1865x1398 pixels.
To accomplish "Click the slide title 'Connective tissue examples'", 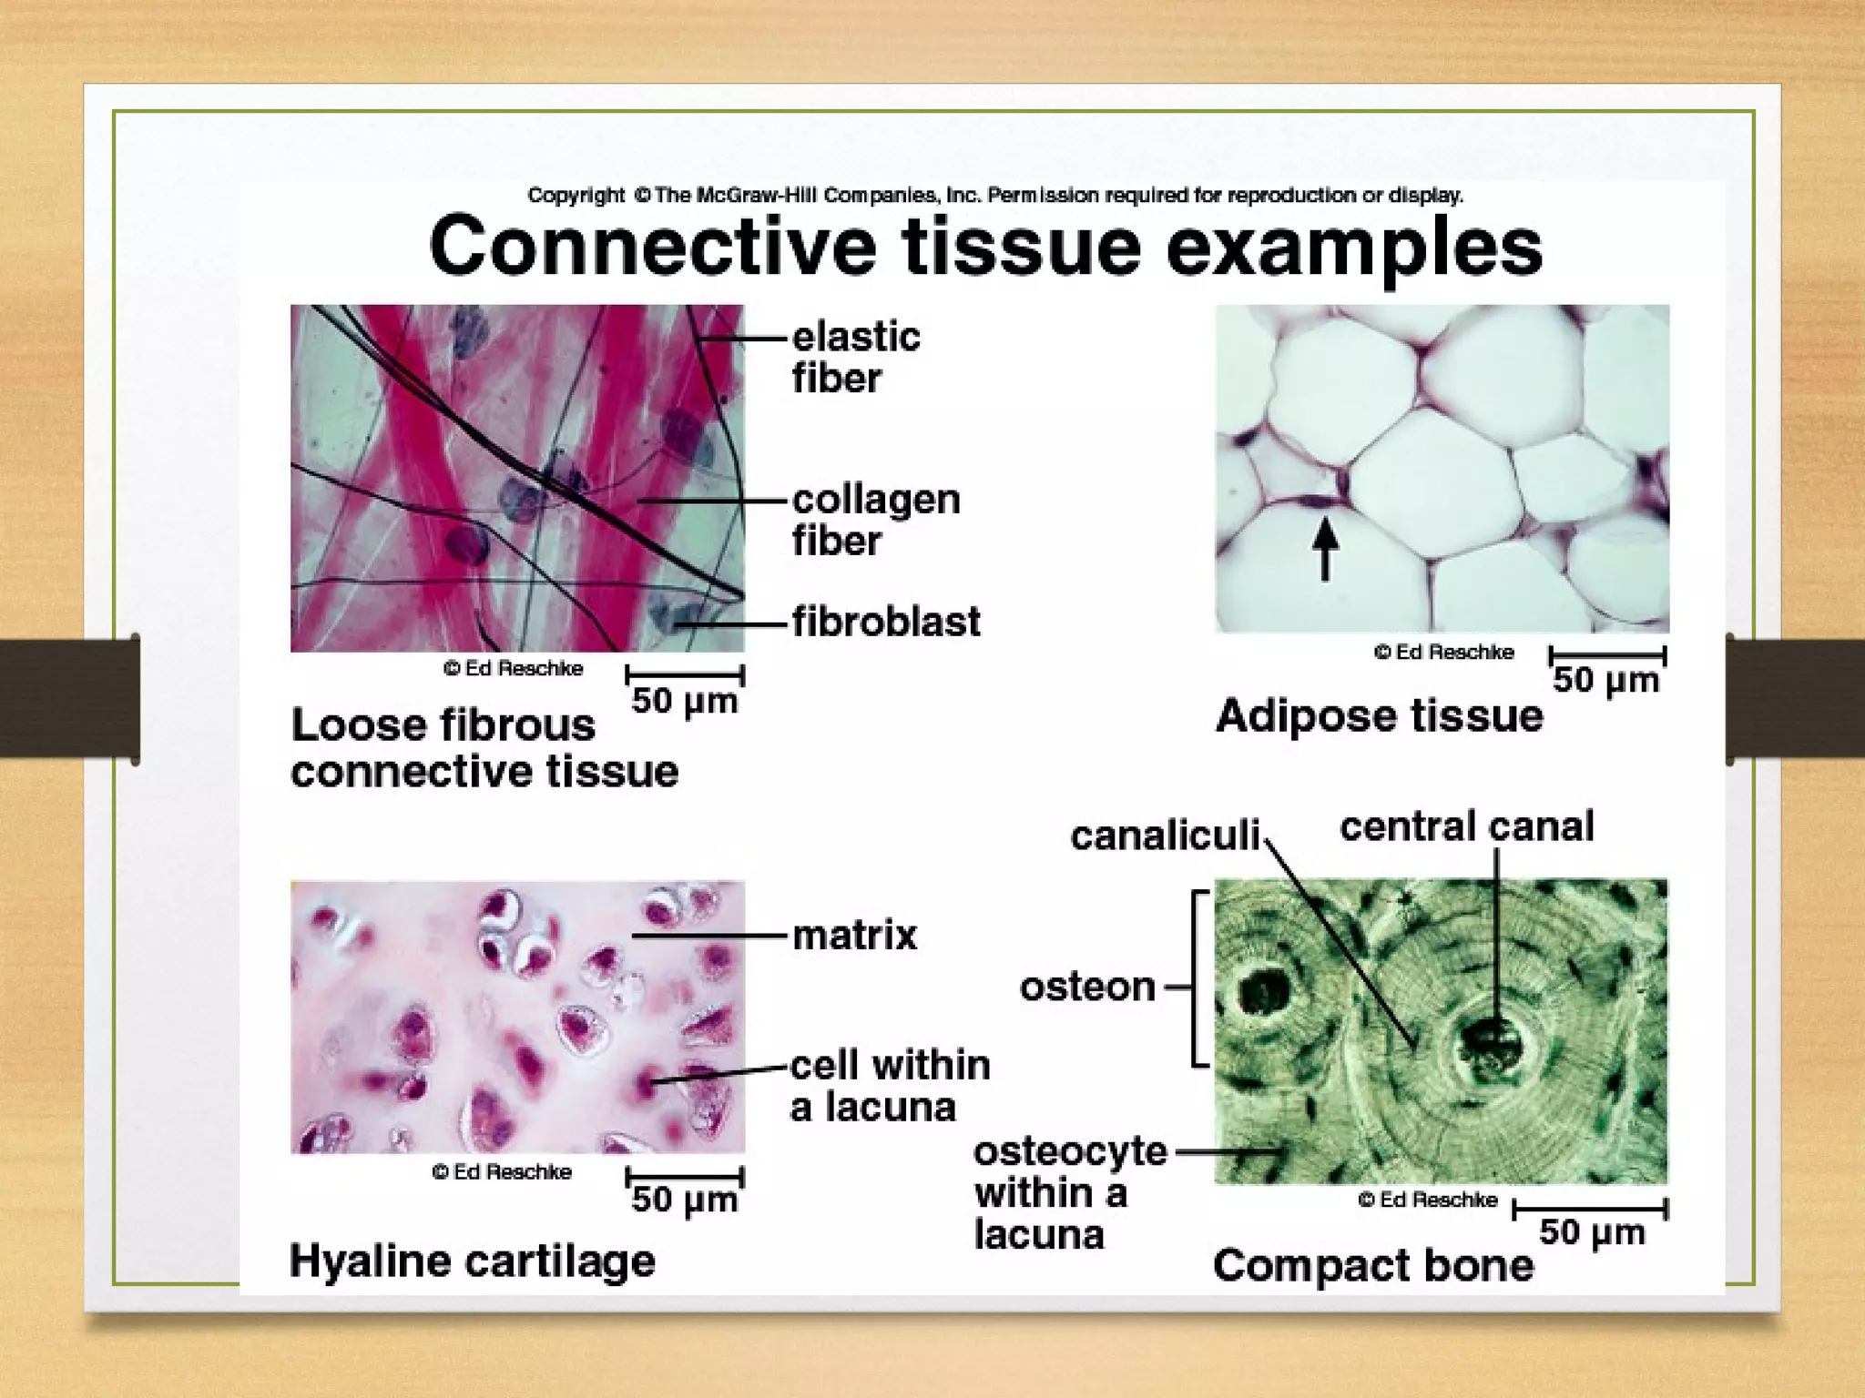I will click(x=985, y=246).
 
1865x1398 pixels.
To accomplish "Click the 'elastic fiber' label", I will click(x=855, y=357).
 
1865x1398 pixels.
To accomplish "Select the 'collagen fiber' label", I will click(x=875, y=520).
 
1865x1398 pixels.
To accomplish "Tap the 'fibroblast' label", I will click(x=885, y=623).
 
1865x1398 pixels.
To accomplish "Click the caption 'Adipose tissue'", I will click(x=1379, y=715).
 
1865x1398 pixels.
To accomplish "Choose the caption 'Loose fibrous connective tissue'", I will click(x=484, y=748).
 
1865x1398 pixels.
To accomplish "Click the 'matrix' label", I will click(x=854, y=936).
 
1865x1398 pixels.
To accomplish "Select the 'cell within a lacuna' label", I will click(x=889, y=1086).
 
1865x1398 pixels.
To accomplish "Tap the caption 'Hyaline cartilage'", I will click(x=472, y=1261).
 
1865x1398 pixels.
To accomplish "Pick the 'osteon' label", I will click(x=1087, y=987).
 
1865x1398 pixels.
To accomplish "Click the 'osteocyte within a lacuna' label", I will click(x=1069, y=1193).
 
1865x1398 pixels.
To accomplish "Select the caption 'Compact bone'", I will click(x=1372, y=1266).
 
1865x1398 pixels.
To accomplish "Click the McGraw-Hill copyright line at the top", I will click(x=995, y=195).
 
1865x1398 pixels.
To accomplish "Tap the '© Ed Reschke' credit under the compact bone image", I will click(x=1427, y=1200).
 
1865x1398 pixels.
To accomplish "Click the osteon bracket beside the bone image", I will click(x=1198, y=978).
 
